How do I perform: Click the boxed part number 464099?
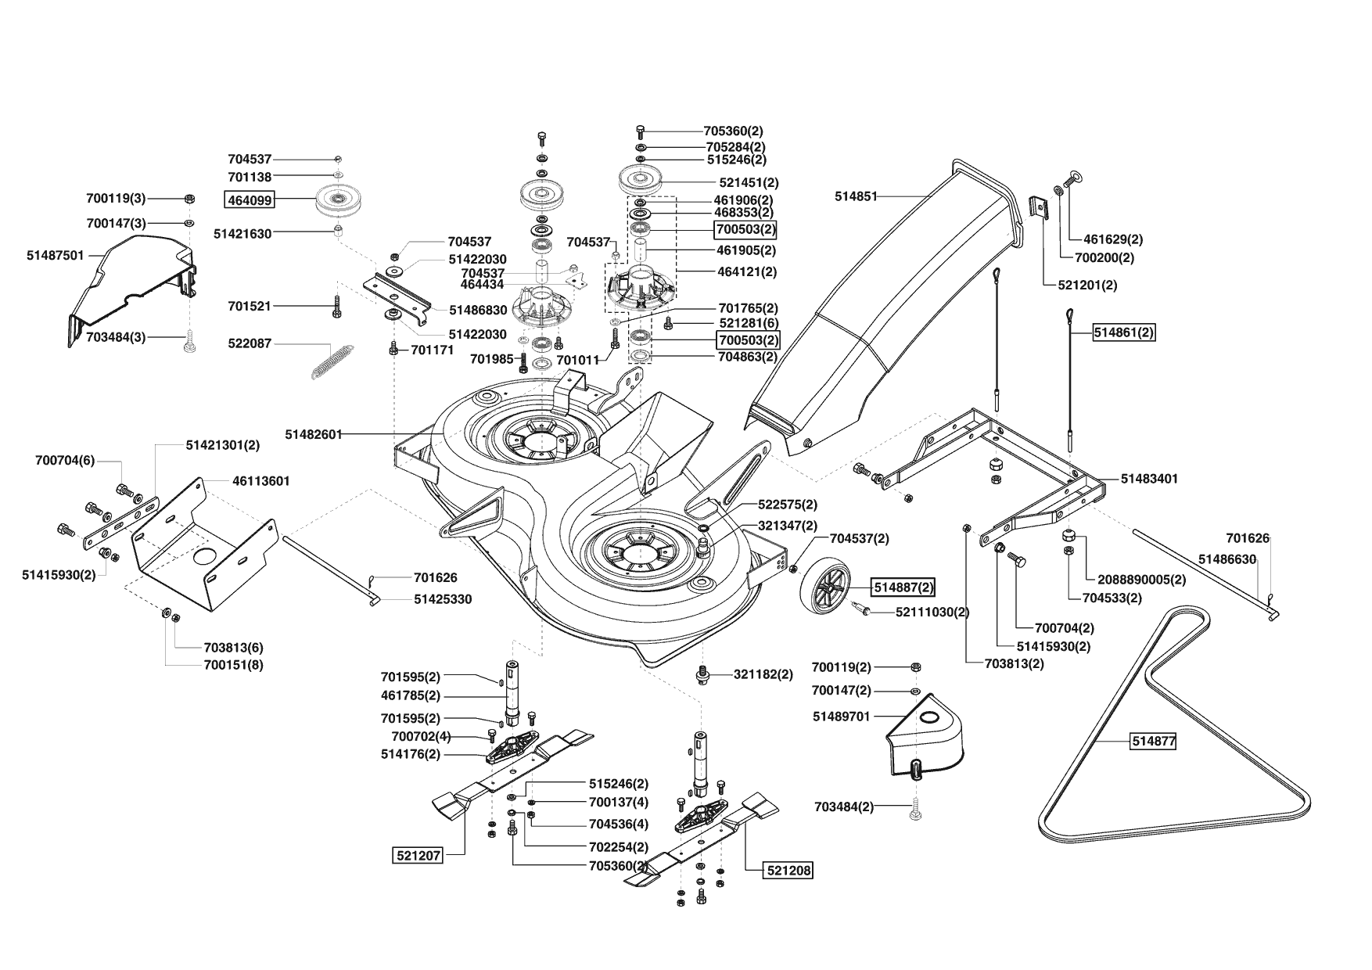point(249,200)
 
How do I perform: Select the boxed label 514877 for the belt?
point(1153,741)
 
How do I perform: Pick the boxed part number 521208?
point(788,870)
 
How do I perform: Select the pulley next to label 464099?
point(342,203)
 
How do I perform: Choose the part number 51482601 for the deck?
point(314,434)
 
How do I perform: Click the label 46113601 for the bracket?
point(261,481)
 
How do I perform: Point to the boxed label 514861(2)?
point(1124,332)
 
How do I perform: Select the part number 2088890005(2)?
point(1142,580)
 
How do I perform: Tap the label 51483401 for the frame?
point(1149,478)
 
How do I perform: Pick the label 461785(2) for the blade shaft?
point(411,695)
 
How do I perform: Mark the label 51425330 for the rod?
point(443,599)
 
